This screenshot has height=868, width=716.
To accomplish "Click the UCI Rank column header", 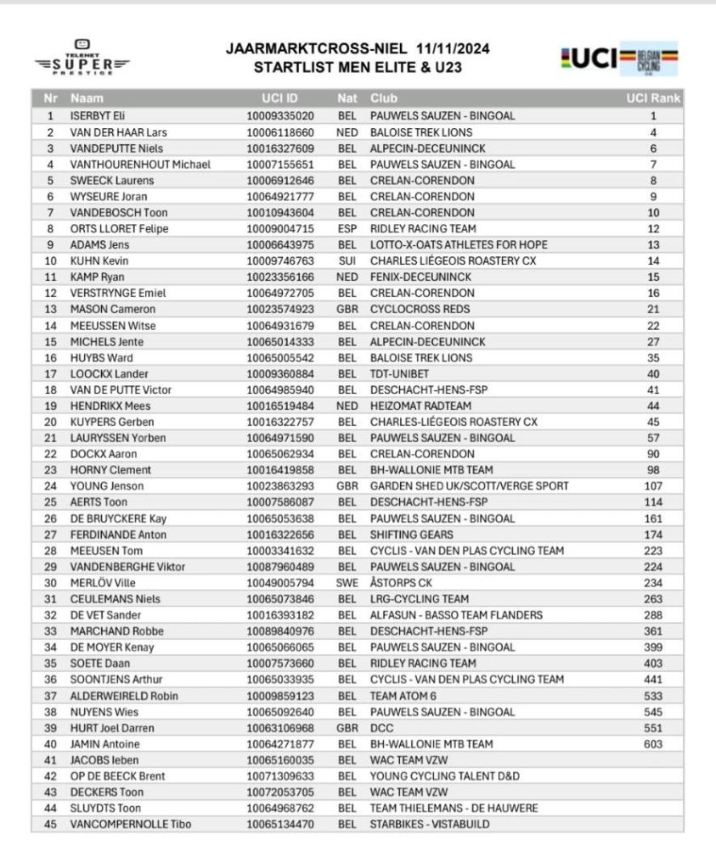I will tap(653, 98).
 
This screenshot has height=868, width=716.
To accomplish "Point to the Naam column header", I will tap(87, 98).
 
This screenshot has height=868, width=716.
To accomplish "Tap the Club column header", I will tap(383, 98).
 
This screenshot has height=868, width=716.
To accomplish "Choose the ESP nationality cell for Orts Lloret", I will tap(347, 229).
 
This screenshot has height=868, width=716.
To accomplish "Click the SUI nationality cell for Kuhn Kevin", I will tap(347, 261).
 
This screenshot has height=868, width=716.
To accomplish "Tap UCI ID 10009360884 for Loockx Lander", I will tap(280, 373).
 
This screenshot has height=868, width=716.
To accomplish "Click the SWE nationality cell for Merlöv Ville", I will tap(347, 583).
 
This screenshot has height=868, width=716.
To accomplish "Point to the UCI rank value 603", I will tap(653, 744).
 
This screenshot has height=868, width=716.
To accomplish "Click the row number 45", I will tap(50, 824).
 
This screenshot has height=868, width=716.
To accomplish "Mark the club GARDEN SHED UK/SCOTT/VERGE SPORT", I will tap(469, 486).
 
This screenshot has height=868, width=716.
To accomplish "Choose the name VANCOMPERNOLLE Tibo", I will tap(130, 824).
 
